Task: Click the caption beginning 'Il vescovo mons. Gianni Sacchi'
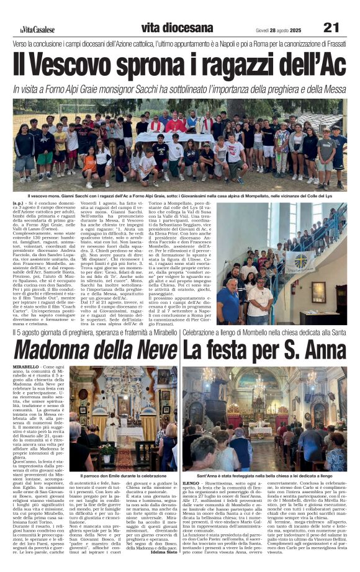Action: point(180,195)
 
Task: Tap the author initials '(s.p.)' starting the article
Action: point(19,203)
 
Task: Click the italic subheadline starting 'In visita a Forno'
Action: point(179,89)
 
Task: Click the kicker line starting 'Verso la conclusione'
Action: point(179,44)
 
